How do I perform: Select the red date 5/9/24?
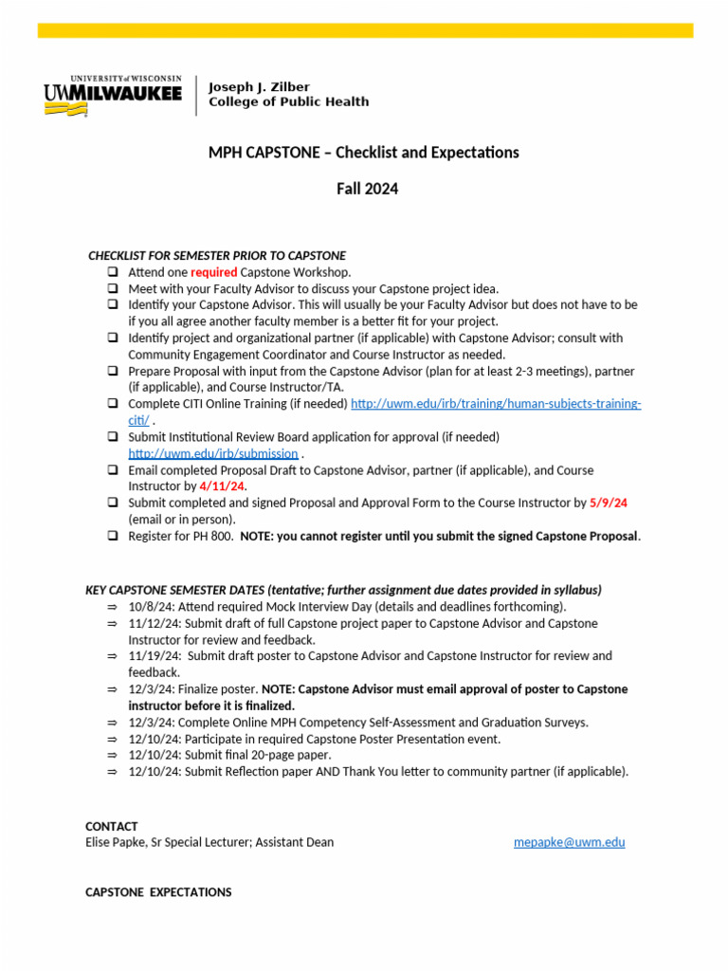tap(609, 503)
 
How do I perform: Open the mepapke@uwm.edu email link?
tap(569, 842)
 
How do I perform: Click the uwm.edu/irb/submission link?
tap(212, 453)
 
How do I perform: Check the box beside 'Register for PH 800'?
tap(112, 536)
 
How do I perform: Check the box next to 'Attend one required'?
tap(112, 272)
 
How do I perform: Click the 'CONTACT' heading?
tap(111, 826)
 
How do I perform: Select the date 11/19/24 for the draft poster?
tap(154, 656)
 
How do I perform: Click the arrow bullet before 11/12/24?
tap(112, 624)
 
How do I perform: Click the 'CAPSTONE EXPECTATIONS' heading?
tap(158, 892)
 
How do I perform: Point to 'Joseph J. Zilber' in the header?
tap(259, 87)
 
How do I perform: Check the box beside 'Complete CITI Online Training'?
tap(112, 404)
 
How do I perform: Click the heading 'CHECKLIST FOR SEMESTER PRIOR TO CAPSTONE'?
tap(217, 256)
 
